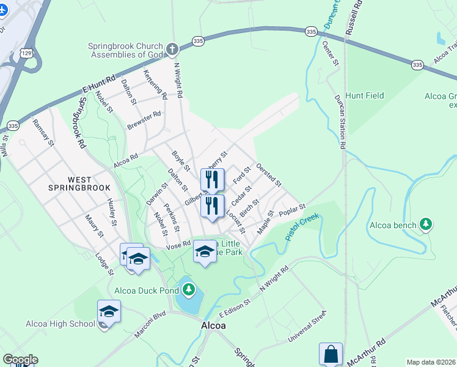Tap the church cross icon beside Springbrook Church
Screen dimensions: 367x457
172,48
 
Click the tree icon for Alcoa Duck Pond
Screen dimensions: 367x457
189,288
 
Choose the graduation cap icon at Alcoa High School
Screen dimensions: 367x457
109,313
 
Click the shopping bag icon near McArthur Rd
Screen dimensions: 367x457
331,354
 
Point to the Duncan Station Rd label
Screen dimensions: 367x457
340,122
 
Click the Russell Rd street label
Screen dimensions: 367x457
354,17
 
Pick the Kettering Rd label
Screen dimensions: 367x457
155,84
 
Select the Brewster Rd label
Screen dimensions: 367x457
144,120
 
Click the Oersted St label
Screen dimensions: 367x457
269,174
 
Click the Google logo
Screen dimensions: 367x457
20,360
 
